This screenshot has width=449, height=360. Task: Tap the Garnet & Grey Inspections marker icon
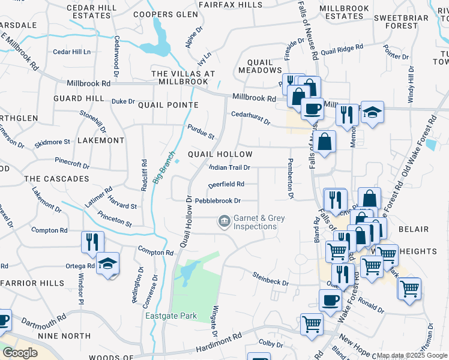pos(224,222)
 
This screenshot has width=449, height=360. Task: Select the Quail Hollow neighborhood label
pos(220,154)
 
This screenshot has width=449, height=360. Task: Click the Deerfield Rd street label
pos(226,184)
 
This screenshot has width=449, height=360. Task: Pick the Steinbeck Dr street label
pos(270,279)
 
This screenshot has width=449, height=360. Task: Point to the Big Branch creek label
pos(164,167)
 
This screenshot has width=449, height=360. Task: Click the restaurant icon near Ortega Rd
pos(92,241)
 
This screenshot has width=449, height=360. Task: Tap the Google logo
pos(19,353)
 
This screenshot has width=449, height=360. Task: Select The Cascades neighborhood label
pos(56,179)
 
